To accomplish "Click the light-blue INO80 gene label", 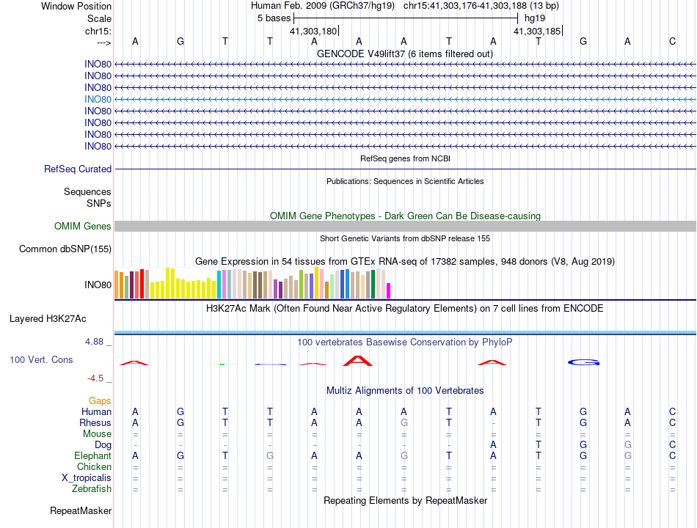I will [98, 99].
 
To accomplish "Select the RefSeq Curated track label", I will [78, 169].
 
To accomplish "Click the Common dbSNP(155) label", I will [65, 249].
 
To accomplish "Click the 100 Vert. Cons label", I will [41, 360].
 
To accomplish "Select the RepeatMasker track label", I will [81, 510].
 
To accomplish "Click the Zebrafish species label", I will [92, 488].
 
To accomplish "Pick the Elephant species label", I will [92, 455].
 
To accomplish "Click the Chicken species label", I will [94, 466].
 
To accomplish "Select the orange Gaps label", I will [100, 401].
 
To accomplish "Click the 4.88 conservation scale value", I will [98, 342].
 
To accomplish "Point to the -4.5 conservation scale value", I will [98, 378].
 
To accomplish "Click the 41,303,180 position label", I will [313, 32].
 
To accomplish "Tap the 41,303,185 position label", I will [537, 32].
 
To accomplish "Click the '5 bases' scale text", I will [274, 18].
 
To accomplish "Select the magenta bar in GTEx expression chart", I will [388, 290].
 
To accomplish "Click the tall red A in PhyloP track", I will [358, 360].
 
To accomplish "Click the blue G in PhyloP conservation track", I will [585, 362].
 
